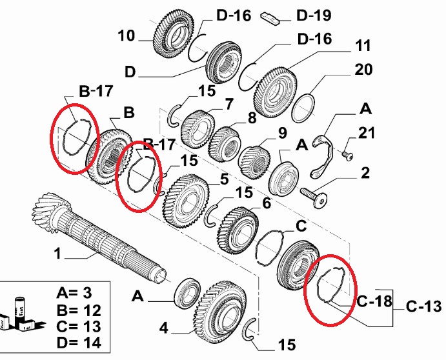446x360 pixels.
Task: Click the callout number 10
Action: click(126, 36)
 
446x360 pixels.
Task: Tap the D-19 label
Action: click(314, 15)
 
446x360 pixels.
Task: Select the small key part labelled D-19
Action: click(270, 18)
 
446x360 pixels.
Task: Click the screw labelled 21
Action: click(348, 156)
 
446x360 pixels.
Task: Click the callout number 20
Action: click(363, 70)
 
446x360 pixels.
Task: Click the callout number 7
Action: click(229, 104)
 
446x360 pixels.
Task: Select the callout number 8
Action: click(252, 117)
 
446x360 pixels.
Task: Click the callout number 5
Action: click(225, 179)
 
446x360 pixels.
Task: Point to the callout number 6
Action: click(267, 203)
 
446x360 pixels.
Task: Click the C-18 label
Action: click(374, 301)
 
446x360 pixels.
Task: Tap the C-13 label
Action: click(423, 306)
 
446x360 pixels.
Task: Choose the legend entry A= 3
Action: click(74, 292)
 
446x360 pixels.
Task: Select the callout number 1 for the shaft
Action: click(57, 253)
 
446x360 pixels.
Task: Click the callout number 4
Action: click(163, 328)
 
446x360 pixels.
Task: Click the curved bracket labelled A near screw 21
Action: click(322, 157)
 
